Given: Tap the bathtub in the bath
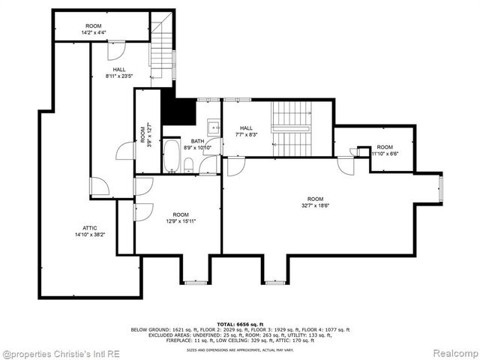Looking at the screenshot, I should (172, 156).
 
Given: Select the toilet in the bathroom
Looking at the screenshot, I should (189, 165).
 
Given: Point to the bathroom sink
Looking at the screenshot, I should (212, 127).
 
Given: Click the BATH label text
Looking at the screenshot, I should (196, 141).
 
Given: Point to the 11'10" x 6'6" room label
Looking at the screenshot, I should (384, 151).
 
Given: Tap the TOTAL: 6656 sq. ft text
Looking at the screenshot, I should (240, 322).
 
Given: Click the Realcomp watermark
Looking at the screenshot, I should (452, 352).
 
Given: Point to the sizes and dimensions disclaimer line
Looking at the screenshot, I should (240, 349).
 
